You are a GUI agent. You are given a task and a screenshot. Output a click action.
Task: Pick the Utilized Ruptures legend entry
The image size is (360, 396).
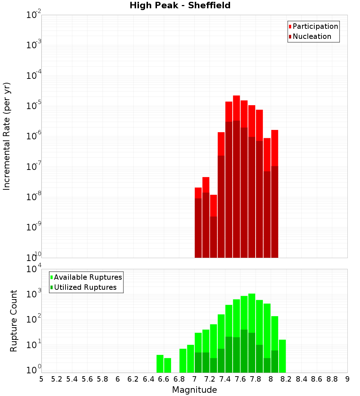pyautogui.click(x=85, y=287)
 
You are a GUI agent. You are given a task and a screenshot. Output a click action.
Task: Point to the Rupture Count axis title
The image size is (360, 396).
pyautogui.click(x=14, y=320)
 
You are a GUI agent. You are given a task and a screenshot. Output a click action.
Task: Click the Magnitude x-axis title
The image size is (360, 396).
pyautogui.click(x=194, y=390)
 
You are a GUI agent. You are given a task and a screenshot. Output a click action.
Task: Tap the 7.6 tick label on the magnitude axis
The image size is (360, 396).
pyautogui.click(x=240, y=379)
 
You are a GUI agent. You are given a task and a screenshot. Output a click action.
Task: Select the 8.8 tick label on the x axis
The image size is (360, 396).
pyautogui.click(x=332, y=379)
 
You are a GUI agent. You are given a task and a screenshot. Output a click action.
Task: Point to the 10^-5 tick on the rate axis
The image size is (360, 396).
pyautogui.click(x=33, y=106)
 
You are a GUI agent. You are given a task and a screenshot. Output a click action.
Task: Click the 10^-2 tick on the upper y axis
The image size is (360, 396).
pyautogui.click(x=33, y=15)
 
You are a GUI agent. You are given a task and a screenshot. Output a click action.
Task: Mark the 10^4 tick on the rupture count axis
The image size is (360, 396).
pyautogui.click(x=33, y=269)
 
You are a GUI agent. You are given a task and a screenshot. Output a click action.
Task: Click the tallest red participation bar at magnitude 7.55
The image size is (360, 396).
pyautogui.click(x=236, y=108)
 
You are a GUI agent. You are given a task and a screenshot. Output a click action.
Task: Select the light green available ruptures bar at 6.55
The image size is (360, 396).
pyautogui.click(x=160, y=364)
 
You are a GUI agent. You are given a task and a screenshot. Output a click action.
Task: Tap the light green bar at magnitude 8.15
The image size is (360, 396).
pyautogui.click(x=282, y=356)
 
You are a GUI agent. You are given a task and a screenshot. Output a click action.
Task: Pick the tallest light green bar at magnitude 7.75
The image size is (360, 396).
pyautogui.click(x=252, y=313)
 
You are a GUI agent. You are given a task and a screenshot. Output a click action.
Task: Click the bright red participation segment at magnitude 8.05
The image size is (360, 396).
pyautogui.click(x=275, y=148)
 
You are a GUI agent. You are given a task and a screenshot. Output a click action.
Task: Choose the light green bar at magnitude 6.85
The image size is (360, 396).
pyautogui.click(x=183, y=360)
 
